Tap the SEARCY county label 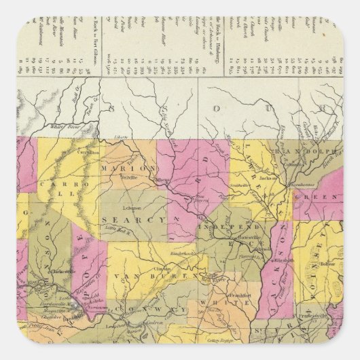pos(125,219)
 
